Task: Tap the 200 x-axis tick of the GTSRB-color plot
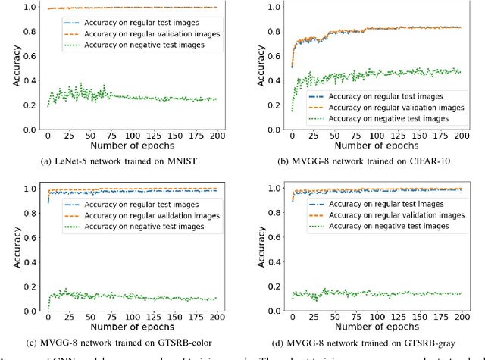(x=215, y=318)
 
